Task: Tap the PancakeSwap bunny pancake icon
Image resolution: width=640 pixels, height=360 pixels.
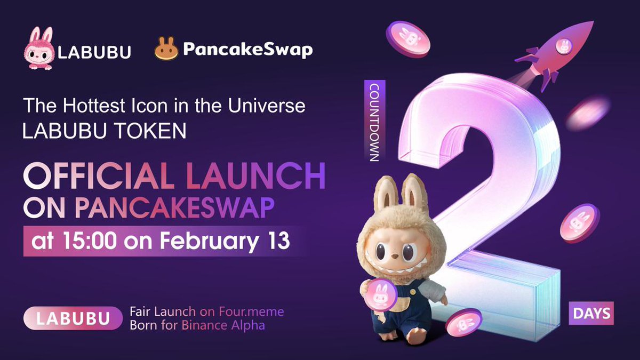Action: (x=166, y=49)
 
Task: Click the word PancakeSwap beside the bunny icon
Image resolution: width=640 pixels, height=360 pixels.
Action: (x=247, y=50)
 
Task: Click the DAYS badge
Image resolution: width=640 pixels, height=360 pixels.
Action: (x=590, y=313)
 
